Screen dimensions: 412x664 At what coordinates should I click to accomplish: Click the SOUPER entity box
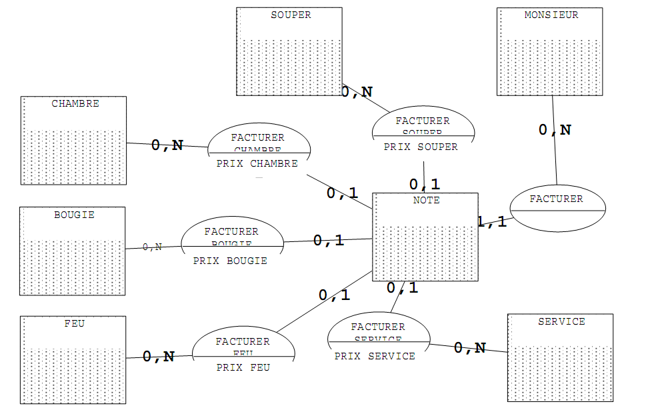(x=289, y=51)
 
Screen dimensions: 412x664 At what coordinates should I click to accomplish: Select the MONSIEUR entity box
(x=550, y=51)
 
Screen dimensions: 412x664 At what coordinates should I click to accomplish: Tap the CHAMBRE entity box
(x=73, y=140)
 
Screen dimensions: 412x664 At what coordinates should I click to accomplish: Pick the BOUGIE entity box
(x=73, y=251)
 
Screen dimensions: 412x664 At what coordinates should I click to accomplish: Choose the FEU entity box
(x=73, y=360)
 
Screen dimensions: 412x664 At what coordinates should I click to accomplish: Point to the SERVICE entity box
(x=560, y=357)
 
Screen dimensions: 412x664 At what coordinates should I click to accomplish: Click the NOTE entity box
(x=425, y=237)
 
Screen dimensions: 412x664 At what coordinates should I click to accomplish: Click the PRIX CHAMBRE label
(x=257, y=164)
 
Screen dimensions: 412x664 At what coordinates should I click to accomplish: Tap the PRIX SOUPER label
(x=421, y=147)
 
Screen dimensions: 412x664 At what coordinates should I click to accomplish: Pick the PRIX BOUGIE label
(x=230, y=261)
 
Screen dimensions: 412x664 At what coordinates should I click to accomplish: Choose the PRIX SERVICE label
(x=375, y=357)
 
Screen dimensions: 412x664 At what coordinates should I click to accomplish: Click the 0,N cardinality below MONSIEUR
(x=555, y=130)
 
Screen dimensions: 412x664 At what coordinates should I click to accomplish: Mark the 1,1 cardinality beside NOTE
(x=492, y=223)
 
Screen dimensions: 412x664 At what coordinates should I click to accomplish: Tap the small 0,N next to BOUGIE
(x=153, y=247)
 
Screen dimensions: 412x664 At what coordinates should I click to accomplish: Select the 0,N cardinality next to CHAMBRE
(x=167, y=145)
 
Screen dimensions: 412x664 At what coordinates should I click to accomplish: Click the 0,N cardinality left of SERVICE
(x=470, y=348)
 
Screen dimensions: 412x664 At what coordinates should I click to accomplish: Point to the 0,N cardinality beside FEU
(x=159, y=357)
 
